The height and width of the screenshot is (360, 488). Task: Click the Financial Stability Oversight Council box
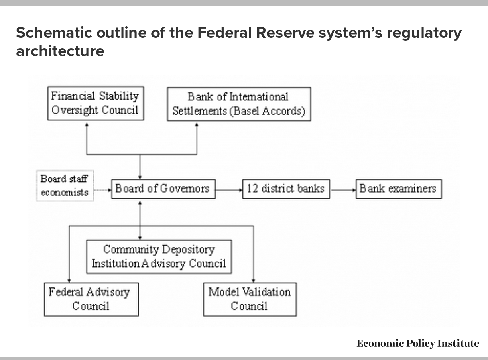click(96, 103)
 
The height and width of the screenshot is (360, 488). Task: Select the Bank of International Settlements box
click(239, 104)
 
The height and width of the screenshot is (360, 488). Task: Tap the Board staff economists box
click(65, 186)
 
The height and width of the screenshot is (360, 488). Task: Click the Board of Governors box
click(163, 189)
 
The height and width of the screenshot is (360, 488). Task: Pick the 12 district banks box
click(286, 189)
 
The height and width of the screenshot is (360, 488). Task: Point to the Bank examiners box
click(399, 189)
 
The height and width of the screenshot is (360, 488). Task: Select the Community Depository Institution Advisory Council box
click(159, 257)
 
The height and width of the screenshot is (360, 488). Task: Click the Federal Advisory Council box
click(91, 299)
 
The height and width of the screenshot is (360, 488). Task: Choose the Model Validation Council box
click(250, 299)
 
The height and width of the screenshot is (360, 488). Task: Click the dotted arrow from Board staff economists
click(103, 190)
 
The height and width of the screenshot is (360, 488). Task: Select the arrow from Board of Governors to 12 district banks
click(229, 190)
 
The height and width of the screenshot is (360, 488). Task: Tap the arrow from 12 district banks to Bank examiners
click(344, 190)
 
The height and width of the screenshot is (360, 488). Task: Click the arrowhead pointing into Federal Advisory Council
click(69, 281)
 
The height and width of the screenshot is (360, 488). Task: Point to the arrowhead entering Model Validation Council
click(253, 281)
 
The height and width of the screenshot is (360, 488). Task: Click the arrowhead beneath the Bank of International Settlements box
click(197, 125)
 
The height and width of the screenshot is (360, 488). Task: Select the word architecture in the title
click(60, 51)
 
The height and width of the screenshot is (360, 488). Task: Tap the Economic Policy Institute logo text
click(418, 344)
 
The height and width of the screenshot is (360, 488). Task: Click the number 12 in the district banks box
click(252, 189)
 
